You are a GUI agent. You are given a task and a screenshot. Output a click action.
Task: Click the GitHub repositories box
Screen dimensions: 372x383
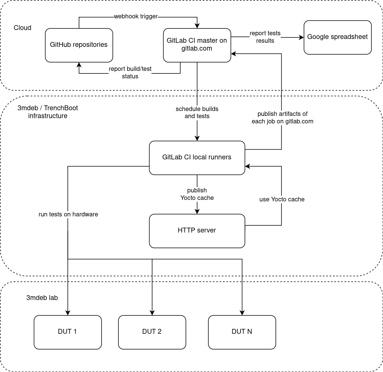79,45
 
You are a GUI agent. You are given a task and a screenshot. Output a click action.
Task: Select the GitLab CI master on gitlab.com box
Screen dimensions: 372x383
197,45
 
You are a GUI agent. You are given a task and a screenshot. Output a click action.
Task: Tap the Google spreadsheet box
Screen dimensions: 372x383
337,37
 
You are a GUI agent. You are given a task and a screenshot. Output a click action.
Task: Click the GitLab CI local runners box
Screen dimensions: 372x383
197,157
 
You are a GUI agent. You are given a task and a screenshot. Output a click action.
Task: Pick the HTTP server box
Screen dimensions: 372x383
197,231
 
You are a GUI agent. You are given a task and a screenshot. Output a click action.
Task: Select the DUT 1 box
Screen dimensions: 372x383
67,332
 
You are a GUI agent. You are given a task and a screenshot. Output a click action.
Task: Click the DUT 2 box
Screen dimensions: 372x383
152,332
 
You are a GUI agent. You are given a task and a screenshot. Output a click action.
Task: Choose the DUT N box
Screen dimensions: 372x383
242,332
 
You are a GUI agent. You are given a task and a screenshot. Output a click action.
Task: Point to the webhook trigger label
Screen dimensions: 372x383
136,16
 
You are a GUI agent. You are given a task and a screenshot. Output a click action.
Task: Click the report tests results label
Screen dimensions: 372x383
265,37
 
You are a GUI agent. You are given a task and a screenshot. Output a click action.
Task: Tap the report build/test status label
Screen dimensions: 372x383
130,73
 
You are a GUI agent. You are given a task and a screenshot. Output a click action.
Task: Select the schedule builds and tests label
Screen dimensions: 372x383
197,112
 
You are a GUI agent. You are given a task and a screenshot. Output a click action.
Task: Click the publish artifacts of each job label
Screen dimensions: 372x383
282,117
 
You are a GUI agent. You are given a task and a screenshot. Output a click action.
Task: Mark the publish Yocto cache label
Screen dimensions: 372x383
197,194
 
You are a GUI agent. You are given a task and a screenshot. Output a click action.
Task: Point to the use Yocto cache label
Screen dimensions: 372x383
282,199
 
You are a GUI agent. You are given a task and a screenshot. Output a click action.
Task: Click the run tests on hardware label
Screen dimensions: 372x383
68,214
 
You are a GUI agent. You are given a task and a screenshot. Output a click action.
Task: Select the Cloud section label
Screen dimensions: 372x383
22,28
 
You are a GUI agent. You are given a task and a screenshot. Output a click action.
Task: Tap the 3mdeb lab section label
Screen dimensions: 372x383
42,298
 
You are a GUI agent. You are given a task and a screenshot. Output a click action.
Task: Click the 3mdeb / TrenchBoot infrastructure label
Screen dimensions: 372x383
48,112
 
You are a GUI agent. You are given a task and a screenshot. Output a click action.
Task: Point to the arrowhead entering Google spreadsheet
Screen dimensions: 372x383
301,37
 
